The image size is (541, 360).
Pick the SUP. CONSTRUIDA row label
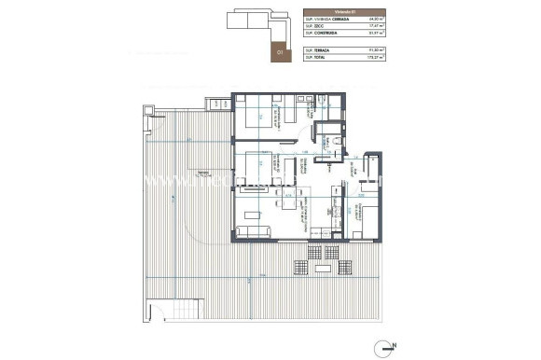coord(325,34)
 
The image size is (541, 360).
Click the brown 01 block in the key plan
coord(278,53)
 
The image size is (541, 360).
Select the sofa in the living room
coord(253,231)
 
